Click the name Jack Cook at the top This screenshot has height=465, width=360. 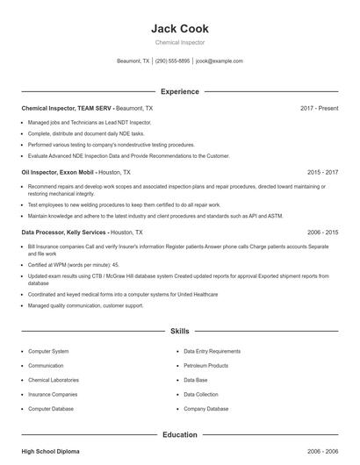[x=180, y=28]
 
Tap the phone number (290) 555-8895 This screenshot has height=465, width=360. [x=173, y=61]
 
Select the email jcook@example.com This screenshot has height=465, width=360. [x=220, y=61]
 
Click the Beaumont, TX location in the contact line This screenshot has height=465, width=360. [x=133, y=61]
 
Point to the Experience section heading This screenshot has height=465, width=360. [x=180, y=91]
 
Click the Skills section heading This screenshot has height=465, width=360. [x=180, y=332]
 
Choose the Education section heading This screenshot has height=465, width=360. [x=180, y=434]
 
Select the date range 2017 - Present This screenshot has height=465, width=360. [x=319, y=108]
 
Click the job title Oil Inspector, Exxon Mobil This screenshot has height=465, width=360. [x=58, y=173]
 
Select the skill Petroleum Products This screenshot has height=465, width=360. [x=205, y=365]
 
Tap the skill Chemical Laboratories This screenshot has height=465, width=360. [x=54, y=380]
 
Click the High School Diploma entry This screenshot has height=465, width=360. [x=50, y=451]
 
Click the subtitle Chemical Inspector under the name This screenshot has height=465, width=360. [x=180, y=42]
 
